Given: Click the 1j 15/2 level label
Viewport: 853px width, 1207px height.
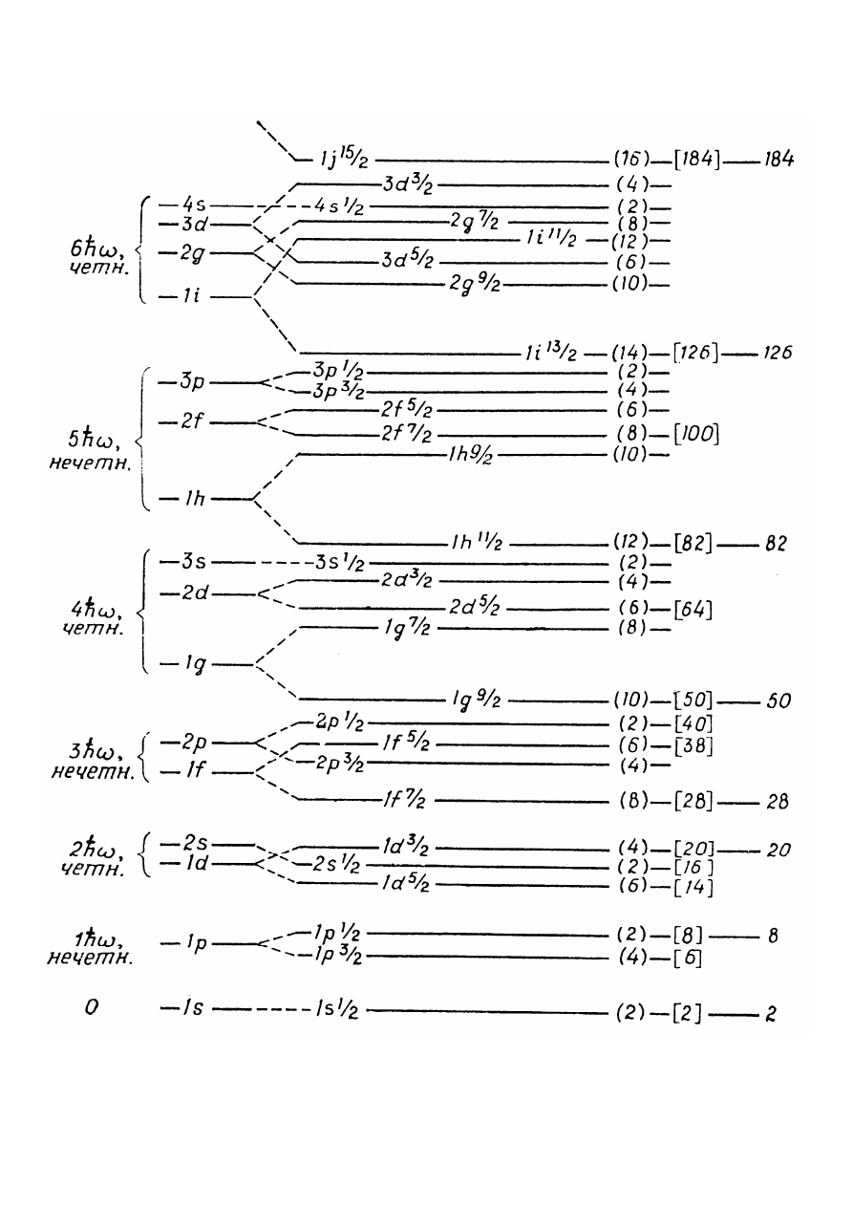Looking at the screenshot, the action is tap(344, 159).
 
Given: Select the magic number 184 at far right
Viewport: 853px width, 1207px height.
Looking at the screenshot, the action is tap(778, 160).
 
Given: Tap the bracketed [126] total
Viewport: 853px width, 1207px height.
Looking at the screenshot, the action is tap(695, 353).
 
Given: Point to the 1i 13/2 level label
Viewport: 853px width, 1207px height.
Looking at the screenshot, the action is tap(551, 353).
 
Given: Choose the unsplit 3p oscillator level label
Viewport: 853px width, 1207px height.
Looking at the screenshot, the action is tap(192, 382).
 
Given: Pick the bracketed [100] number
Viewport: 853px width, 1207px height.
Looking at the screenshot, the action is tap(695, 434).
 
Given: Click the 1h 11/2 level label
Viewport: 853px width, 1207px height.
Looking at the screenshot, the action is tap(476, 543).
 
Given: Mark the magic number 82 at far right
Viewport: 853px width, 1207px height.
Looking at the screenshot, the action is tap(776, 544).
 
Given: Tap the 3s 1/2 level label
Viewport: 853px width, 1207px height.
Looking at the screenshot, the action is tap(340, 564).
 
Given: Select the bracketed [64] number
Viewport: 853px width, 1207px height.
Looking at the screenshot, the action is tap(693, 610).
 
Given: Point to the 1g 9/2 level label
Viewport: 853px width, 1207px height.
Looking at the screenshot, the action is tap(476, 700).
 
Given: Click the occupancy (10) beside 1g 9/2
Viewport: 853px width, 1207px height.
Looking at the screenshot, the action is tap(630, 700).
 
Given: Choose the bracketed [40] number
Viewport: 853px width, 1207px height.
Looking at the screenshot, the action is tap(693, 723).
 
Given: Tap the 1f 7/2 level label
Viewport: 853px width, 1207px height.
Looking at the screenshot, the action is tap(404, 801).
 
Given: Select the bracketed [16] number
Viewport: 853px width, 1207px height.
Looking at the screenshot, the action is tap(693, 868).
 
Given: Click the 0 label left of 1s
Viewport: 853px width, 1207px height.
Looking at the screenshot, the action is tap(92, 1007).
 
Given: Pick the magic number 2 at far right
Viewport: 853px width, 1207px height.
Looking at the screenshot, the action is tap(771, 1014).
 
